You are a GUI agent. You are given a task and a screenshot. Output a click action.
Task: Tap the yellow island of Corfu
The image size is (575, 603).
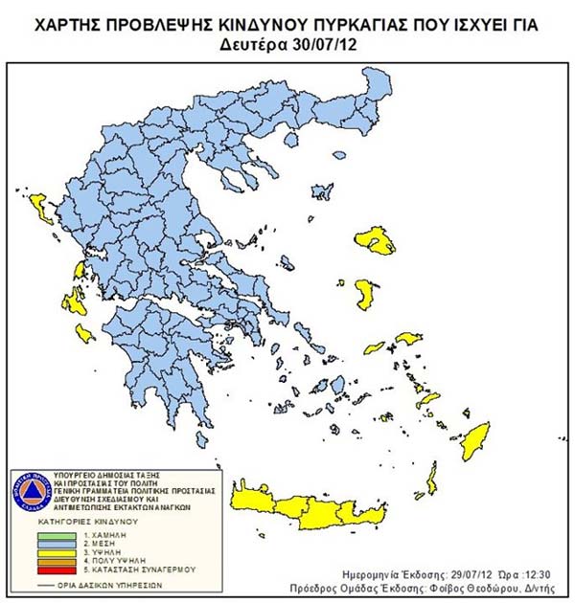click(41, 204)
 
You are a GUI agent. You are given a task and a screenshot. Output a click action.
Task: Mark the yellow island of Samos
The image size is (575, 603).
click(408, 340)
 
